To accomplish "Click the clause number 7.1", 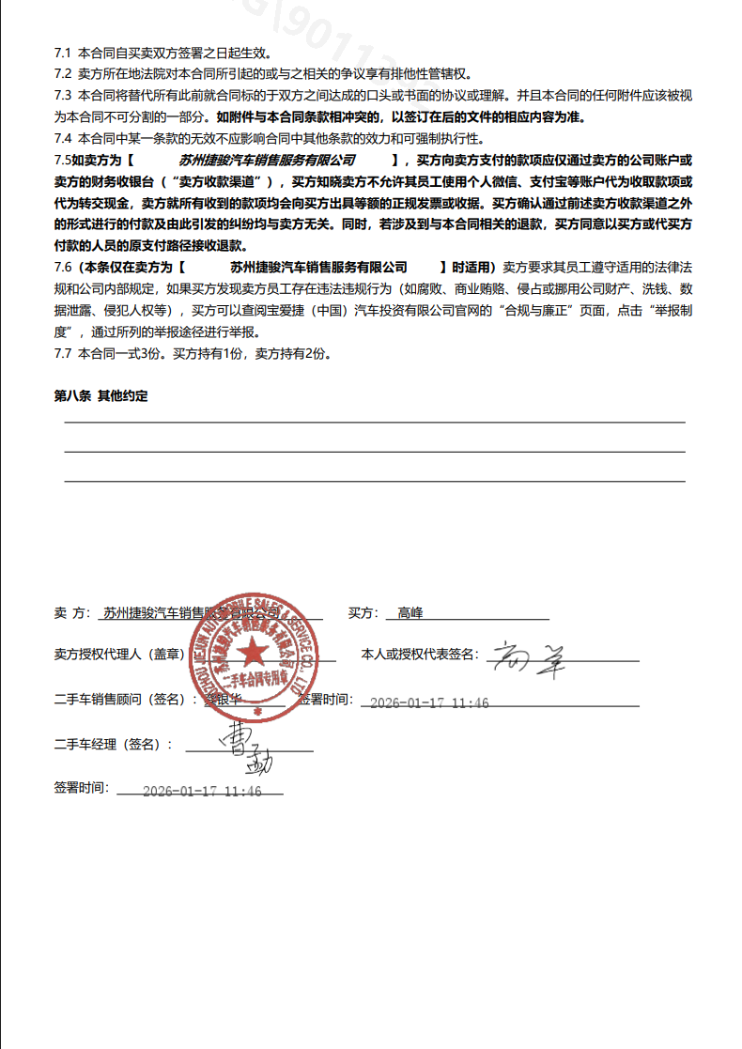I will coord(63,53).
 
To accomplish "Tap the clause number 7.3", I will coord(63,95).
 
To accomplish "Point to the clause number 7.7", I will coord(63,354).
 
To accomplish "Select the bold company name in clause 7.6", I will coord(318,268).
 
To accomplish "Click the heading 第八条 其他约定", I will coord(100,396).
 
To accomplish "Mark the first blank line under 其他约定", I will coord(374,423).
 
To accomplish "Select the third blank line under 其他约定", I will coord(374,481).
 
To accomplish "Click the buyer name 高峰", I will coord(410,613).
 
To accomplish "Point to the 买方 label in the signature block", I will coord(362,613).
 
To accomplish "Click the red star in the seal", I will coord(251,650).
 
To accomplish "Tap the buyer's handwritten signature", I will coord(530,659).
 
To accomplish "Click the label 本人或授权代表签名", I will coord(420,655).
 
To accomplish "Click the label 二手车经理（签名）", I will coord(113,744).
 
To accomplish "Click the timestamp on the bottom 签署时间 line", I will coord(201,791).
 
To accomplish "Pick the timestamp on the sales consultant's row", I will coord(429,702).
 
